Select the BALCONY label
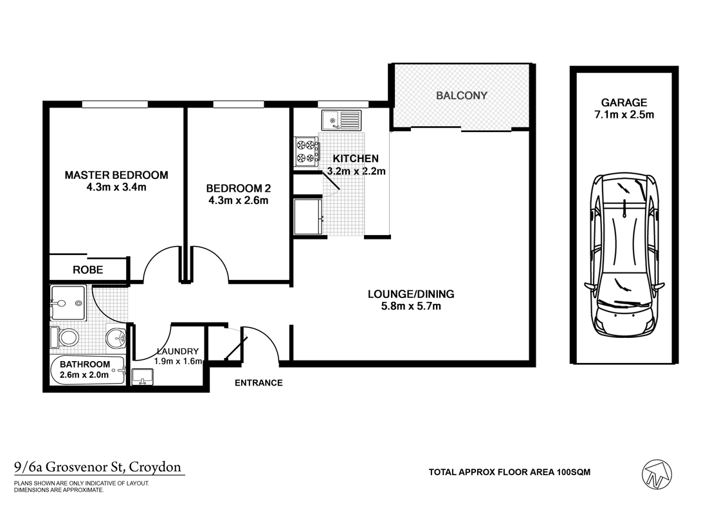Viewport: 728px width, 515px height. [461, 95]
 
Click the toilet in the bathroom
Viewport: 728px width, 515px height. [67, 337]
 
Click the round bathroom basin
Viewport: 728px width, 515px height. [116, 336]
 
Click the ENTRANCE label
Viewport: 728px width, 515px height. [258, 383]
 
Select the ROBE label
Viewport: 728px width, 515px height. [87, 270]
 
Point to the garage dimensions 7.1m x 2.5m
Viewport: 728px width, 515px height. [624, 115]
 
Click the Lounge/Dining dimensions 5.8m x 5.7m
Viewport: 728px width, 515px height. [410, 306]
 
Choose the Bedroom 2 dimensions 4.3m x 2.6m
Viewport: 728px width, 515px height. [237, 200]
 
